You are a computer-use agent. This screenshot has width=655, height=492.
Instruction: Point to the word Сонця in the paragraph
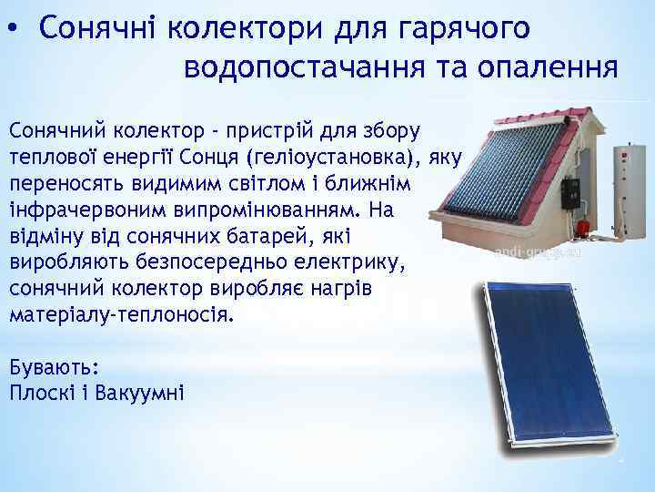267,155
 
